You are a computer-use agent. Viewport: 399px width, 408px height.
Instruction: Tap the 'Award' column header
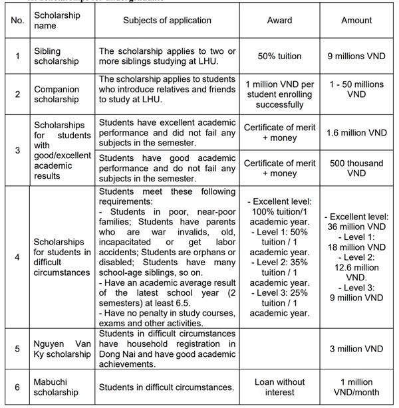(279, 21)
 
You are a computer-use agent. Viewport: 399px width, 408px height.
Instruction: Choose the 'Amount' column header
(356, 21)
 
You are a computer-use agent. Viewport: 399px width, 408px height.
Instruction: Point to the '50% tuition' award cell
(279, 56)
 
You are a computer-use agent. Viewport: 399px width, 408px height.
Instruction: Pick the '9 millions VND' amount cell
(356, 56)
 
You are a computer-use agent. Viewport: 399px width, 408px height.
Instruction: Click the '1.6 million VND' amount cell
(356, 132)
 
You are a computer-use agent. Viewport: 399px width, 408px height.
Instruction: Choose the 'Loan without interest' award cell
(279, 387)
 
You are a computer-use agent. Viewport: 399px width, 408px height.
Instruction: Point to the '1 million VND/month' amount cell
(356, 387)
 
